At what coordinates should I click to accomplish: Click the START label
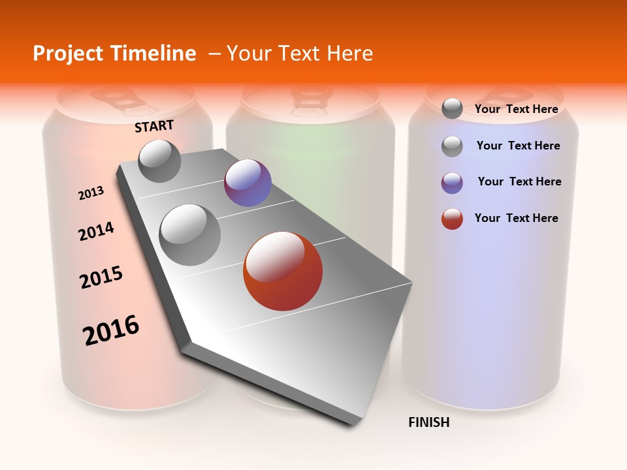[154, 126]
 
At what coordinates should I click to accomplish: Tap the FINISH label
[428, 422]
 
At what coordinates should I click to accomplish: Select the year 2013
[91, 193]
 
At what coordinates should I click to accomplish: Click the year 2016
[111, 330]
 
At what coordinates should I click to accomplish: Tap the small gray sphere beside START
[159, 161]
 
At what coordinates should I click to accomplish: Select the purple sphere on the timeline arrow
[248, 183]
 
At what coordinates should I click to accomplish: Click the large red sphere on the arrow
[283, 271]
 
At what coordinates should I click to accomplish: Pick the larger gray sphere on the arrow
[190, 235]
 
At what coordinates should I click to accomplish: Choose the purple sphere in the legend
[452, 183]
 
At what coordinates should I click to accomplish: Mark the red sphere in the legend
[452, 219]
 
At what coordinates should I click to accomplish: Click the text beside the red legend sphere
[516, 218]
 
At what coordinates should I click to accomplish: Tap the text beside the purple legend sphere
[519, 181]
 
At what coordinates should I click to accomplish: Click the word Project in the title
[68, 54]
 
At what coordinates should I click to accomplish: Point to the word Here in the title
[349, 54]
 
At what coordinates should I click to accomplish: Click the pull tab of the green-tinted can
[311, 98]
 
